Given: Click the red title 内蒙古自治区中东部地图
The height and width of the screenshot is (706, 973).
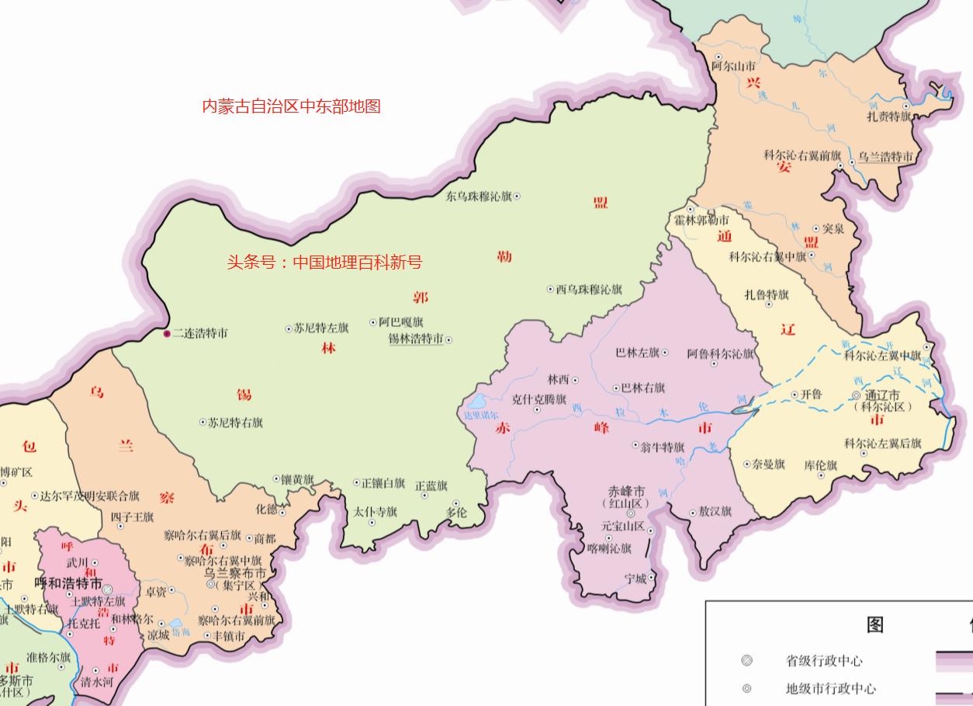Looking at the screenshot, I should [291, 106].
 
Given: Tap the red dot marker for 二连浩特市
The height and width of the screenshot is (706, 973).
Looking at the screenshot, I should [167, 333].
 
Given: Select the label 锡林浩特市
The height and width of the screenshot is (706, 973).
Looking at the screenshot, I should [415, 339].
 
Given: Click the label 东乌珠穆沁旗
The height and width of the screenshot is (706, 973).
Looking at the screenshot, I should [478, 196].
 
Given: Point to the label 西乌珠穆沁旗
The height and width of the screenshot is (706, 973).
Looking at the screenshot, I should [589, 289].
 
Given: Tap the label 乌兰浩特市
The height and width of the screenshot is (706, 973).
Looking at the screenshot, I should [885, 158].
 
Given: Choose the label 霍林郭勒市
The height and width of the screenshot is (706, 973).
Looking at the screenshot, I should [701, 221].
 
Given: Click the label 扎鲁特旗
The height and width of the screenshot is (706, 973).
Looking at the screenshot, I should [767, 294].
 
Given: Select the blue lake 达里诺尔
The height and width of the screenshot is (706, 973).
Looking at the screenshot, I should [476, 402].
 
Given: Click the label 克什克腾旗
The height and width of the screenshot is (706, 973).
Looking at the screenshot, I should [539, 399].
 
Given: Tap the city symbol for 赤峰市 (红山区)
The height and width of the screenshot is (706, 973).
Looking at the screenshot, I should [630, 513].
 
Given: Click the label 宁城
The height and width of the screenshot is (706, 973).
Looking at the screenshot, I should [635, 579].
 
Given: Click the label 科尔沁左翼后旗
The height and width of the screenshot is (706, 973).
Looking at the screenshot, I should [883, 443].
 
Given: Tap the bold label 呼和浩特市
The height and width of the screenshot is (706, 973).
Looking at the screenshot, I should [68, 583].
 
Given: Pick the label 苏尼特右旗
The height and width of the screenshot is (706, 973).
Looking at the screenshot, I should [235, 423].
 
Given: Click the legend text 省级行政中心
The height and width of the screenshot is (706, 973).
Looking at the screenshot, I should [823, 661].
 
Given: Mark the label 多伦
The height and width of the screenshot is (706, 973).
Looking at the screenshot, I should [457, 513].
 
